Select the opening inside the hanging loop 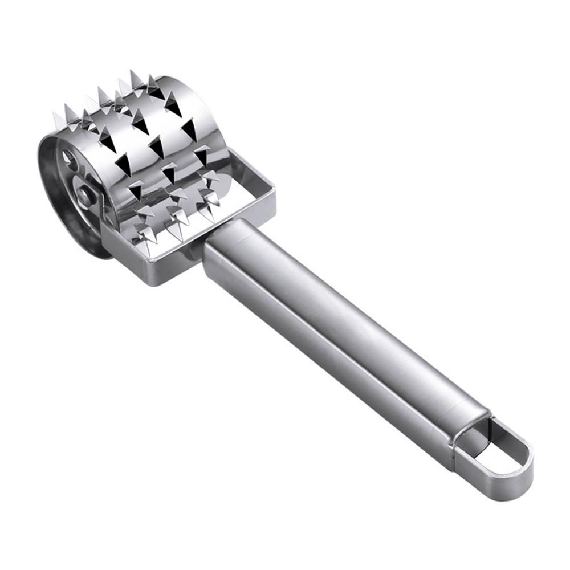pos(500,450)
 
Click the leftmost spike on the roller pos(57,120)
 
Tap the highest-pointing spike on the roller pos(134,77)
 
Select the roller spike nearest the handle pos(214,199)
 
